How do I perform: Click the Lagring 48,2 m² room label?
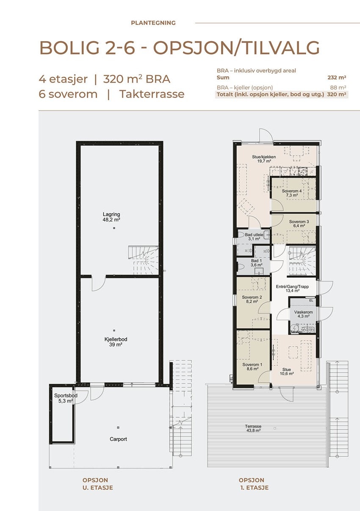(111, 217)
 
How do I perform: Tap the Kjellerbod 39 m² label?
(113, 342)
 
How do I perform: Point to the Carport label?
(118, 439)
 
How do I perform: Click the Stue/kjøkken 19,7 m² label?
(264, 159)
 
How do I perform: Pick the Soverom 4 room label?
(291, 193)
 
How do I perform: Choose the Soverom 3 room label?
(299, 224)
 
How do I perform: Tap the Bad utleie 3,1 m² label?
(254, 236)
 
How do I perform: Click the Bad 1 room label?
(257, 263)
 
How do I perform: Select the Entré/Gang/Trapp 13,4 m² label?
(292, 289)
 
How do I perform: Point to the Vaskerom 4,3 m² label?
(303, 314)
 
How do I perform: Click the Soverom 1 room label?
(252, 367)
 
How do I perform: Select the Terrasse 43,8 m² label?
(252, 428)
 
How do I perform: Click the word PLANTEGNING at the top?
(153, 23)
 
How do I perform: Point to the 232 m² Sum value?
(337, 78)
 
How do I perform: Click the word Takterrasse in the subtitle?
(152, 94)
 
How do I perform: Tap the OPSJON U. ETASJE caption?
(98, 484)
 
